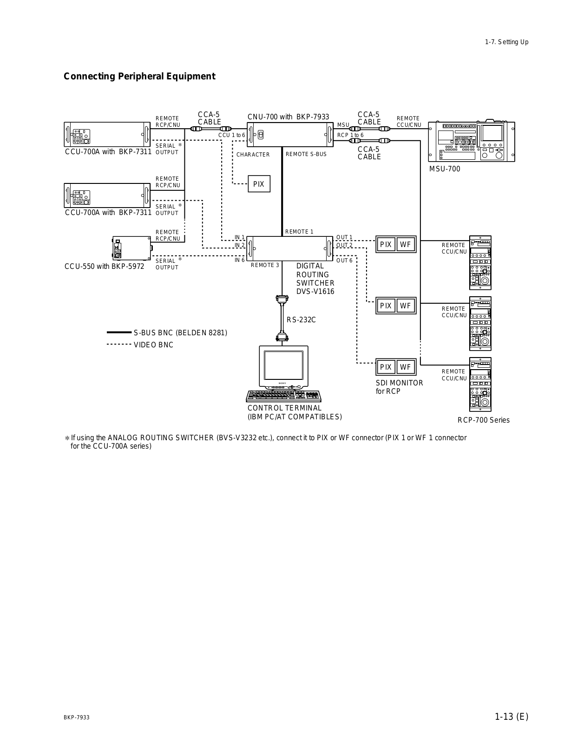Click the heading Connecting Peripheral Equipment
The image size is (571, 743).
coord(139,76)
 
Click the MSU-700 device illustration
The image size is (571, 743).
coord(471,141)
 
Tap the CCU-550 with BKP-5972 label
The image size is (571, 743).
coord(105,267)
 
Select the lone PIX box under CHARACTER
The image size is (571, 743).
coord(259,184)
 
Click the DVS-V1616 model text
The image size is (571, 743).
coord(315,292)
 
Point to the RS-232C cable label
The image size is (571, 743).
coord(301,319)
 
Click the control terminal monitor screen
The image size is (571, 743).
coord(283,365)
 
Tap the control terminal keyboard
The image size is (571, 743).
coord(284,396)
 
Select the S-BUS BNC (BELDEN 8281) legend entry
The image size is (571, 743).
coord(180,332)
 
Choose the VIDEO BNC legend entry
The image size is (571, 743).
coord(153,345)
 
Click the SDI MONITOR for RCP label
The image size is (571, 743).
coord(399,387)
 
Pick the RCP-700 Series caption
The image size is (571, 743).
coord(483,420)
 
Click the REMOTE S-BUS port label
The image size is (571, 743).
coord(306,154)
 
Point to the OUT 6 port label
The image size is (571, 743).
coord(344,261)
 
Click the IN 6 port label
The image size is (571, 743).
coord(239,260)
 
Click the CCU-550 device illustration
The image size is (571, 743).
coord(131,248)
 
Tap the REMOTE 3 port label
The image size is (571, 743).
coord(265,265)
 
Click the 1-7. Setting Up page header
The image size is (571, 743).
coord(506,42)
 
